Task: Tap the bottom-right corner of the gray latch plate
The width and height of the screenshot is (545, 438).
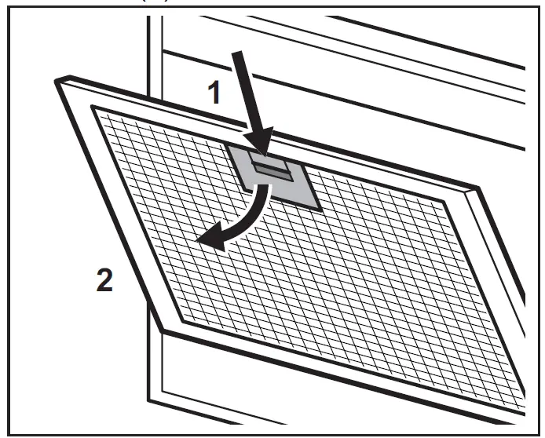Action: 320,210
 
